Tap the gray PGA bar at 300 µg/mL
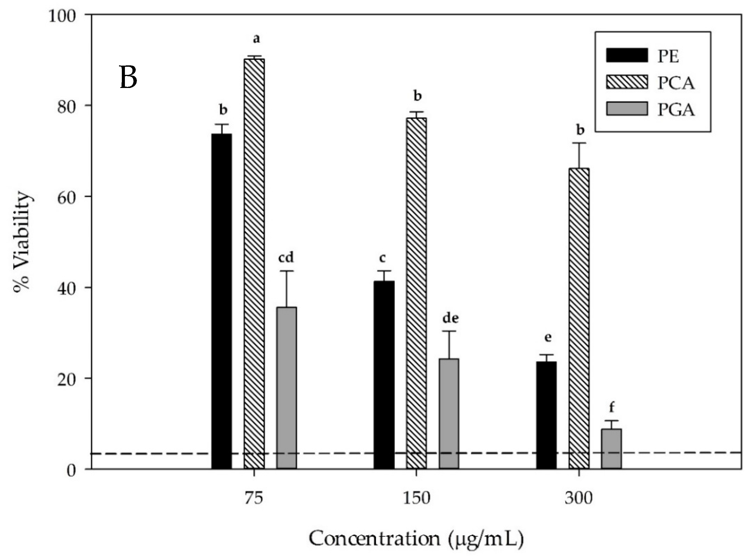coord(611,449)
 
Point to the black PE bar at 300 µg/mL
coord(546,415)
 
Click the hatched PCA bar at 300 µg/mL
coord(579,318)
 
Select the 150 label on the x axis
coord(416,499)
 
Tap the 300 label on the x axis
coord(578,499)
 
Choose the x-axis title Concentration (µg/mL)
coord(416,539)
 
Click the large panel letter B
coord(129,77)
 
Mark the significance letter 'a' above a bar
coord(256,39)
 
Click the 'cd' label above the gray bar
coord(286,258)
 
